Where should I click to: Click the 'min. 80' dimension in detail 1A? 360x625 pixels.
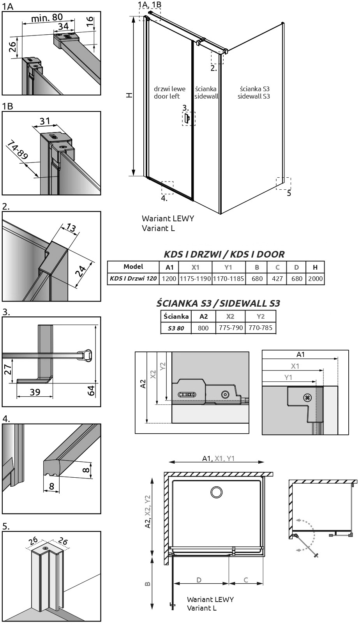pyautogui.click(x=47, y=18)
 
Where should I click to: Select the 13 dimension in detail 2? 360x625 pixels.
pyautogui.click(x=71, y=228)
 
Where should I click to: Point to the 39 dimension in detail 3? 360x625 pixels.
pyautogui.click(x=35, y=392)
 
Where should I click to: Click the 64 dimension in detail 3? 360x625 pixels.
pyautogui.click(x=91, y=390)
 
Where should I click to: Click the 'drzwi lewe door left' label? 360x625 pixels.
pyautogui.click(x=169, y=93)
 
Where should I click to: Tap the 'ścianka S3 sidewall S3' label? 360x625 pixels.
pyautogui.click(x=254, y=93)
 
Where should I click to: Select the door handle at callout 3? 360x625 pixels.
pyautogui.click(x=187, y=118)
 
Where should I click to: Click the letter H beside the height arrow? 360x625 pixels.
pyautogui.click(x=129, y=95)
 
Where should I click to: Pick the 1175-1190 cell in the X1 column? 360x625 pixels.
pyautogui.click(x=195, y=279)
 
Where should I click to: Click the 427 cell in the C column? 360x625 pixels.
pyautogui.click(x=277, y=279)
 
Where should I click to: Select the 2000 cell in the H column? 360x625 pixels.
pyautogui.click(x=315, y=279)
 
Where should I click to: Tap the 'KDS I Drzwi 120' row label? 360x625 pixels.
pyautogui.click(x=133, y=279)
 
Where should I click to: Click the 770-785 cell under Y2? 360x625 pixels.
pyautogui.click(x=260, y=328)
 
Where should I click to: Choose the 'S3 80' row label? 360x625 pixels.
pyautogui.click(x=176, y=328)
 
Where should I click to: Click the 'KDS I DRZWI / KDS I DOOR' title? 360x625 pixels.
pyautogui.click(x=224, y=254)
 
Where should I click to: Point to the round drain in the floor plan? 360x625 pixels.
pyautogui.click(x=216, y=492)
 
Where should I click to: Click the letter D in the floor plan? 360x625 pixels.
pyautogui.click(x=199, y=580)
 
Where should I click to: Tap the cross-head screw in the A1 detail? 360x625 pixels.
pyautogui.click(x=307, y=397)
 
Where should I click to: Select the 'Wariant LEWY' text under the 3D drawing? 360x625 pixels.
pyautogui.click(x=168, y=219)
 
